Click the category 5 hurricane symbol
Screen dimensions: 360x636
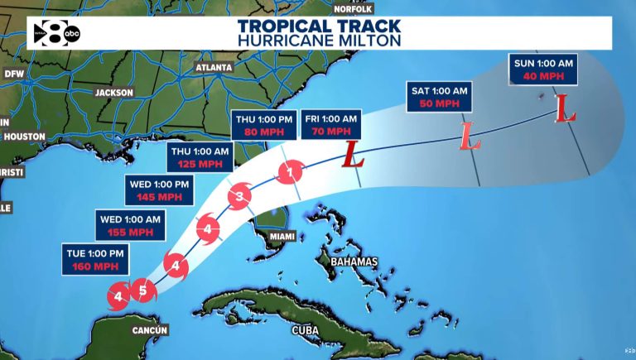click(143, 290)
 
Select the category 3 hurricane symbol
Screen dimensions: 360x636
click(239, 196)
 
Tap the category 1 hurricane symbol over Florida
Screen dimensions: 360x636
click(290, 172)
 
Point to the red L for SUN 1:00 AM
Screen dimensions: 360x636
click(565, 108)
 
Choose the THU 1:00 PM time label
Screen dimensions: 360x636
click(264, 119)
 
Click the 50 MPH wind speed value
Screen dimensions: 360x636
click(439, 103)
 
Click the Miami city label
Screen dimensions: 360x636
click(281, 237)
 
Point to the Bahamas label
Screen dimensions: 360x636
click(354, 262)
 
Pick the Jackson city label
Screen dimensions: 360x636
click(113, 93)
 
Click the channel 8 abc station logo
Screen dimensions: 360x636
click(57, 33)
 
